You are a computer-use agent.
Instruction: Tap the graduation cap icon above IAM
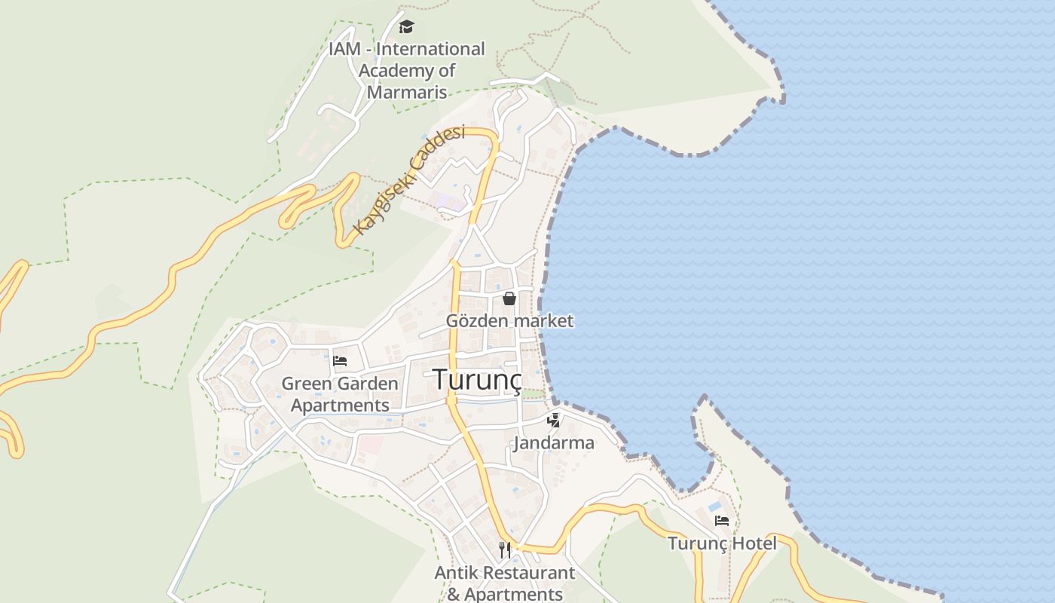click(407, 27)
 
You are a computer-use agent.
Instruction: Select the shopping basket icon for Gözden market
click(509, 298)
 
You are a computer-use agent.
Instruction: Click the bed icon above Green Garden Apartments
click(340, 360)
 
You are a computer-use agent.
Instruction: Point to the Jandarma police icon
click(554, 421)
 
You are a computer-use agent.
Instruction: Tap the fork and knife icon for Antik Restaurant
click(505, 550)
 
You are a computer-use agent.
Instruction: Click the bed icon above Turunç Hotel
click(722, 521)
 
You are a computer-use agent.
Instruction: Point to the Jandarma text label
click(554, 442)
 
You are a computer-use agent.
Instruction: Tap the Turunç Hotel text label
click(722, 543)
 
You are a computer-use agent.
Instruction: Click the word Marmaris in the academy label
click(407, 93)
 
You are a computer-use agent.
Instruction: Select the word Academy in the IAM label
click(397, 71)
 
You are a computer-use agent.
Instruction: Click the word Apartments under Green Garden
click(340, 405)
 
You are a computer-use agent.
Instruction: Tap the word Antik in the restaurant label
click(455, 572)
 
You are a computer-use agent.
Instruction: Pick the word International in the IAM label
click(430, 49)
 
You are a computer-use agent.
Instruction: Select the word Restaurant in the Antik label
click(527, 572)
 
